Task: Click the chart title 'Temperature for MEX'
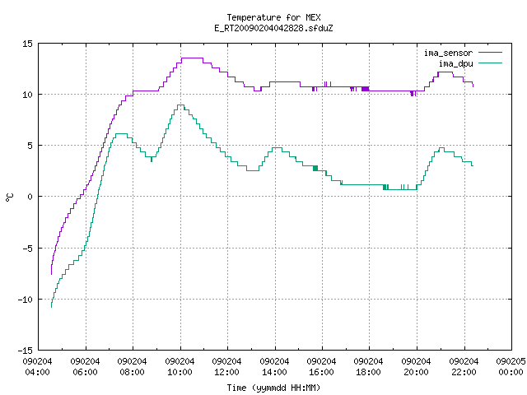tap(273, 17)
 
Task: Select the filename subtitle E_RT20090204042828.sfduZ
tap(273, 28)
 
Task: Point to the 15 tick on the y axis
tap(27, 44)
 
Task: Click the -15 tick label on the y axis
tap(26, 351)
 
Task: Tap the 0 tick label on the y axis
tap(30, 197)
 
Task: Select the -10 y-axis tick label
tap(26, 300)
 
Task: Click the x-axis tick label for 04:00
tap(38, 367)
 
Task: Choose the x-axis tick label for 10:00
tap(180, 367)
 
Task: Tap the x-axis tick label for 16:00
tap(322, 367)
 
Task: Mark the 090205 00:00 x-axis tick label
tap(511, 367)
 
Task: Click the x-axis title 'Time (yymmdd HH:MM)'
tap(273, 388)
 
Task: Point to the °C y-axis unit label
tap(9, 197)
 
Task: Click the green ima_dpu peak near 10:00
tap(180, 105)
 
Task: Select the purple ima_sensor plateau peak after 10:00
tap(192, 58)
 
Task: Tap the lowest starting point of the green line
tap(51, 307)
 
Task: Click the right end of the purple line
tap(473, 86)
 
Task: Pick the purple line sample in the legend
tap(490, 53)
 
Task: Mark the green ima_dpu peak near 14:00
tap(277, 148)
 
